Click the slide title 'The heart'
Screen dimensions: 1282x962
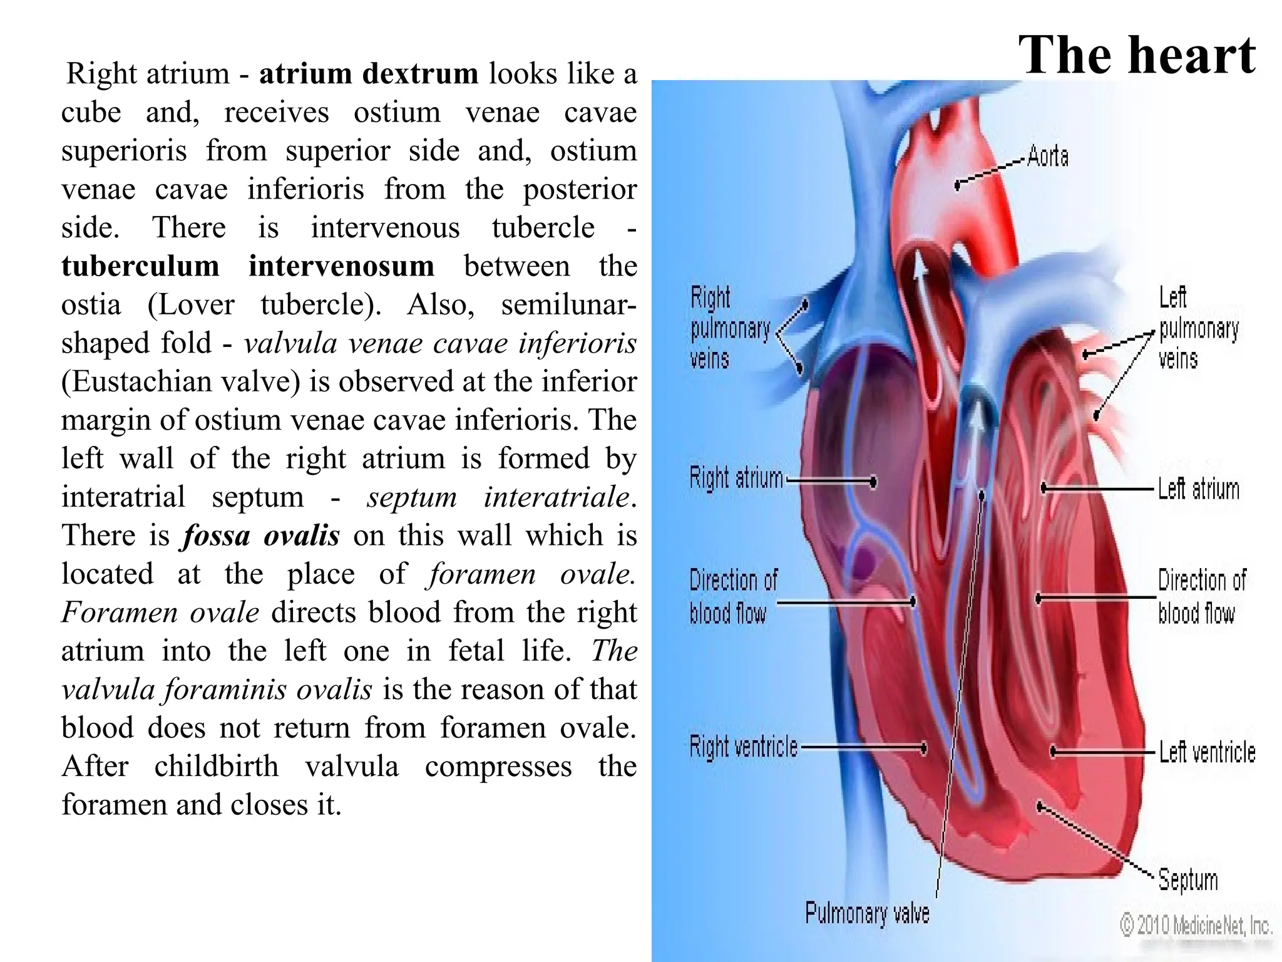pyautogui.click(x=1136, y=55)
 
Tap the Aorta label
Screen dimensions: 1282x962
pyautogui.click(x=1048, y=156)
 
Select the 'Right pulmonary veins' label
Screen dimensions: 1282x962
pyautogui.click(x=729, y=328)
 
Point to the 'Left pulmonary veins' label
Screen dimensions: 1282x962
pyautogui.click(x=1198, y=328)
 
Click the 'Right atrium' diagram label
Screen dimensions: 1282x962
pyautogui.click(x=736, y=478)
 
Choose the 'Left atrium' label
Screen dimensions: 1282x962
pyautogui.click(x=1198, y=489)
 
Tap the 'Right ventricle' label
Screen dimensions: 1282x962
pyautogui.click(x=744, y=747)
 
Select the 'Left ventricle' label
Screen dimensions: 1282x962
pyautogui.click(x=1207, y=752)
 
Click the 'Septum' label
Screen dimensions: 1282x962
pyautogui.click(x=1187, y=879)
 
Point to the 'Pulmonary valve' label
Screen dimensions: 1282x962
pyautogui.click(x=867, y=913)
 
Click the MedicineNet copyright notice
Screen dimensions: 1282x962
pyautogui.click(x=1196, y=924)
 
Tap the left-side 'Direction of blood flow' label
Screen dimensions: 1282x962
pyautogui.click(x=732, y=596)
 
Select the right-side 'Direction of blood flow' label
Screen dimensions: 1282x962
pyautogui.click(x=1201, y=596)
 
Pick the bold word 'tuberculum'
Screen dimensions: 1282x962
pyautogui.click(x=140, y=266)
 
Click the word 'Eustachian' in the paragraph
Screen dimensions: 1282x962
pyautogui.click(x=142, y=381)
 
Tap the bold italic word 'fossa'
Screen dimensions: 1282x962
pyautogui.click(x=215, y=535)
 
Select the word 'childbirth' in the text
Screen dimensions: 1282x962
pyautogui.click(x=216, y=767)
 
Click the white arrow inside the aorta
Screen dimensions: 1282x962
pyautogui.click(x=920, y=276)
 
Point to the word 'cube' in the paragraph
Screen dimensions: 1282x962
pyautogui.click(x=91, y=113)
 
